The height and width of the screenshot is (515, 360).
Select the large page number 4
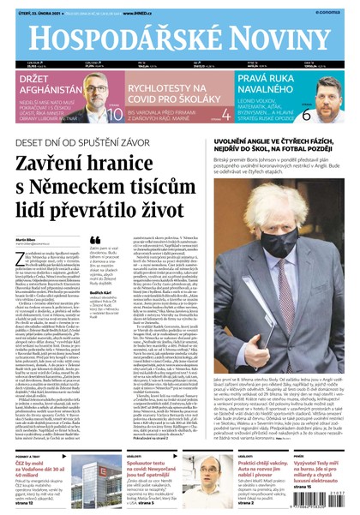click(x=225, y=114)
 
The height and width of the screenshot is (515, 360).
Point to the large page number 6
click(x=330, y=113)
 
